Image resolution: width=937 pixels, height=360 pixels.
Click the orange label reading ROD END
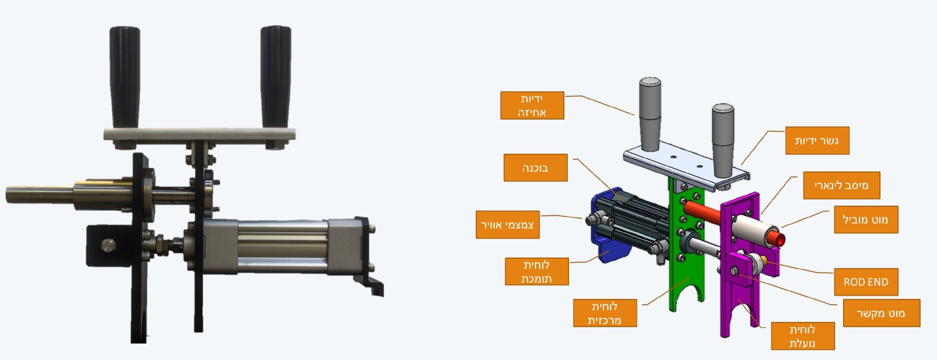865,282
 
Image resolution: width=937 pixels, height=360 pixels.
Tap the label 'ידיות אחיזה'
532,105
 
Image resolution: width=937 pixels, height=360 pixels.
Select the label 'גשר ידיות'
817,141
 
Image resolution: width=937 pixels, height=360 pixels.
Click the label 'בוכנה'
536,168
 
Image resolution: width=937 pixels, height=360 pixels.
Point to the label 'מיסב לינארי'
842,185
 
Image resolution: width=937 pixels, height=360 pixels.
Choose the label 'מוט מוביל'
866,219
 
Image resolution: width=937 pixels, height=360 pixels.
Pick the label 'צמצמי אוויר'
507,225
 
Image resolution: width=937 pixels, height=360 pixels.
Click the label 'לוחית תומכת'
537,271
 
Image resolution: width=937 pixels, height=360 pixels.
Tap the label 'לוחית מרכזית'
605,313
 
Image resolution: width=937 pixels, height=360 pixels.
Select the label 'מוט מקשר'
881,313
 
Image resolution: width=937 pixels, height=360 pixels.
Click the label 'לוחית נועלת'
803,336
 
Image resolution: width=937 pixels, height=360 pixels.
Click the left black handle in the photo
125,78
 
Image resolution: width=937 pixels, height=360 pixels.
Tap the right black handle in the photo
276,77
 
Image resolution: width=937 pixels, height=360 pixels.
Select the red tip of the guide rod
776,238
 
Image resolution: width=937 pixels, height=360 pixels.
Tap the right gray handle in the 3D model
723,141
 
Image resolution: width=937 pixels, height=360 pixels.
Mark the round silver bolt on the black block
108,245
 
